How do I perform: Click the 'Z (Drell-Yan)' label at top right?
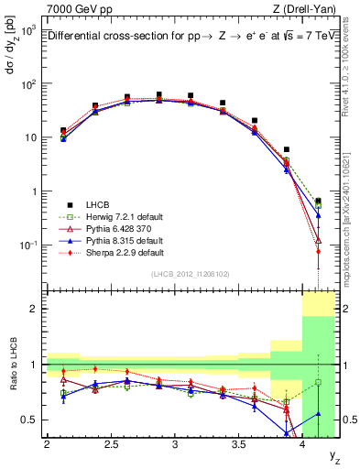(x=305, y=8)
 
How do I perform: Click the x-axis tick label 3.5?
(x=238, y=445)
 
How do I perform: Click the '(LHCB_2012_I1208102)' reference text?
(x=191, y=274)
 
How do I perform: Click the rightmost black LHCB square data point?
(x=318, y=202)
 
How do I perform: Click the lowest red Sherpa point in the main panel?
(x=318, y=251)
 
